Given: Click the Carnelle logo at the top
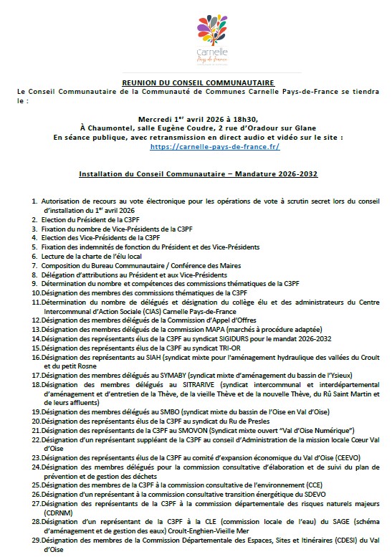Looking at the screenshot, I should click(x=196, y=36).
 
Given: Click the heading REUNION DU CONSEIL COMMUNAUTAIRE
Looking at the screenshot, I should click(x=195, y=83).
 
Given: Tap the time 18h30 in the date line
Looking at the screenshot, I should click(x=242, y=118).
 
